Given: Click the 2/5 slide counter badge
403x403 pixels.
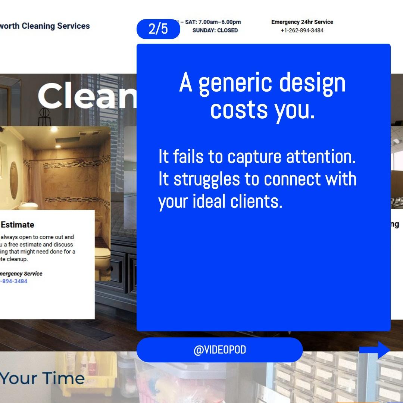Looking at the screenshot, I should (158, 29).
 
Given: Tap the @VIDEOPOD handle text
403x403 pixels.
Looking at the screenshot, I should (219, 350).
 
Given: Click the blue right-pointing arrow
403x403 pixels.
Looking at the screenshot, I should (375, 350).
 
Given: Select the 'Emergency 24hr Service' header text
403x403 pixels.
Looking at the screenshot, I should (302, 22).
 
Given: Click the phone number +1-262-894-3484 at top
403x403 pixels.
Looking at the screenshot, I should (302, 31).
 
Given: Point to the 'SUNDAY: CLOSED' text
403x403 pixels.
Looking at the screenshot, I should (215, 31).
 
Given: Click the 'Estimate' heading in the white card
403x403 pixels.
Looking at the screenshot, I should (17, 225).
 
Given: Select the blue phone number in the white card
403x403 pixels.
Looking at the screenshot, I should (14, 281).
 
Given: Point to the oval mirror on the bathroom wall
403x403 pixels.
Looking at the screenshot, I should (13, 175).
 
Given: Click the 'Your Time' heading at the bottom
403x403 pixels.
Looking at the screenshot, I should (42, 378).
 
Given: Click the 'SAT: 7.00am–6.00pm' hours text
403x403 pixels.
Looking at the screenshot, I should (213, 22).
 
